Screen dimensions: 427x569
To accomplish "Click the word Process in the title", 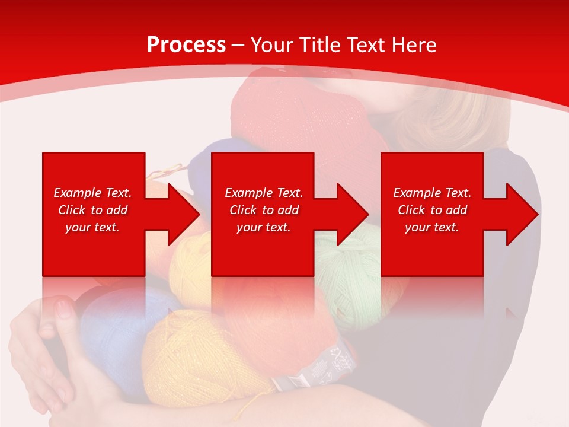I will click(186, 45).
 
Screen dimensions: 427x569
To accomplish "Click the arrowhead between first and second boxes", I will click(184, 214).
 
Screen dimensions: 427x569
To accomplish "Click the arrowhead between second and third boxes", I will click(353, 214).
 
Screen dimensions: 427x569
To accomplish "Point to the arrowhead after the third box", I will click(522, 214).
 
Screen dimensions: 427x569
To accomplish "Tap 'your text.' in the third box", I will click(431, 227).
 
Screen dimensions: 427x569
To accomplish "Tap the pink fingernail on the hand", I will click(64, 309).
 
